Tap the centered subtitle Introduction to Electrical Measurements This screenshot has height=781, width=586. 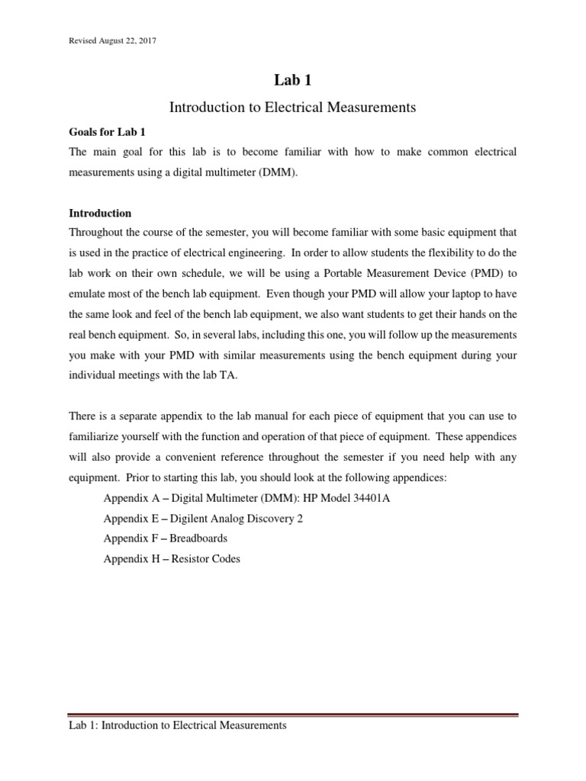coord(292,108)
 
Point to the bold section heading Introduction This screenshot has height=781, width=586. coord(100,213)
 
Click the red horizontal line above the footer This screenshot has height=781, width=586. coord(292,715)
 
